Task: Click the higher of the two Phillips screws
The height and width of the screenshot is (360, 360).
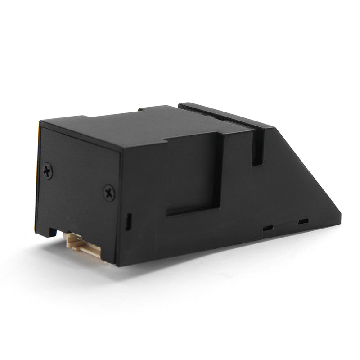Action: click(48, 171)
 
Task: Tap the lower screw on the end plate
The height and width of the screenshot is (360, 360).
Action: click(109, 193)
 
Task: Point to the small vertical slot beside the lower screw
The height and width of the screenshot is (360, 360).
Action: click(128, 221)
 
